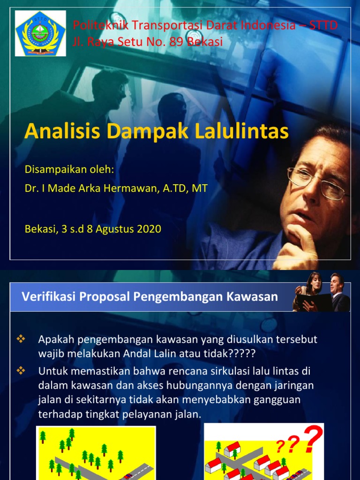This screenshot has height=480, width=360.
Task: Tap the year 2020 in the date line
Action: tap(149, 229)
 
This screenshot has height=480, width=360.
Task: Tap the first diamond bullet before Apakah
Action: tap(20, 339)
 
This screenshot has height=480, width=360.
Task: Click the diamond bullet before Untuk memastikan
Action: tap(20, 371)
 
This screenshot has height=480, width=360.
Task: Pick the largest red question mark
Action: tap(313, 439)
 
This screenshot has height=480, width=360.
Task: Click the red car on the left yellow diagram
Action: tap(127, 476)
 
